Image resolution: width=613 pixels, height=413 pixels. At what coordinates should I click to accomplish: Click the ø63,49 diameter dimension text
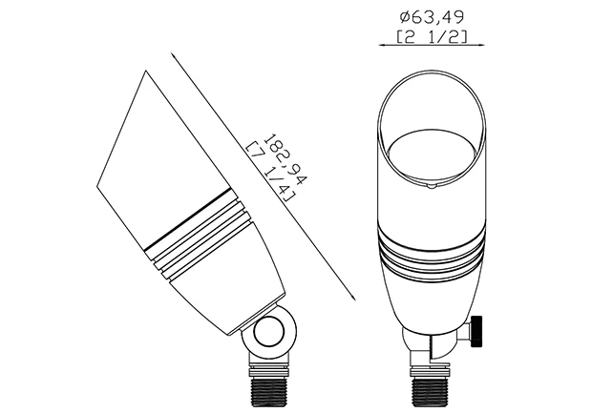[x=432, y=17]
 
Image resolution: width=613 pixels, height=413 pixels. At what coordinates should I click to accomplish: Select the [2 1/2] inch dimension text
[x=432, y=36]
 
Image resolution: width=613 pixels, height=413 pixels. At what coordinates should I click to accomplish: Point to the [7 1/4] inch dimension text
[x=270, y=173]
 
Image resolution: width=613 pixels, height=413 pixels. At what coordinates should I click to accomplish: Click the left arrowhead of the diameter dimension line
[x=382, y=45]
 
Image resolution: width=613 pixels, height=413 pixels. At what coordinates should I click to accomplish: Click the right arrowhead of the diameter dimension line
[x=481, y=45]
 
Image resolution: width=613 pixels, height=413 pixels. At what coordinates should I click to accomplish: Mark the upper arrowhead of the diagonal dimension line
[x=174, y=56]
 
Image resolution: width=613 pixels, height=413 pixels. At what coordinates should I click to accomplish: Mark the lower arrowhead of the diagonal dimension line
[x=352, y=297]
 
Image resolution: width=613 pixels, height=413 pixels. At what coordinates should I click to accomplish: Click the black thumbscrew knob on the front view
[x=476, y=332]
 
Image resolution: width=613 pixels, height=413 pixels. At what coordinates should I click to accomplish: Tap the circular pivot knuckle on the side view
[x=267, y=333]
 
